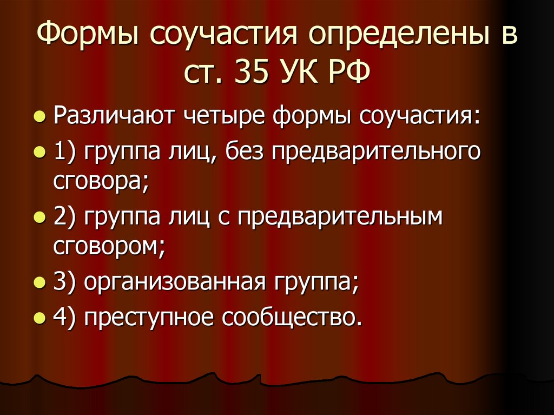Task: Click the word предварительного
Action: point(376,151)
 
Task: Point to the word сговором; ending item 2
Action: point(109,247)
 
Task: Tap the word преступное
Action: point(148,318)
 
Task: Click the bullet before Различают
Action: point(38,117)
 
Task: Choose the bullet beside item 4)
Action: point(38,319)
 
